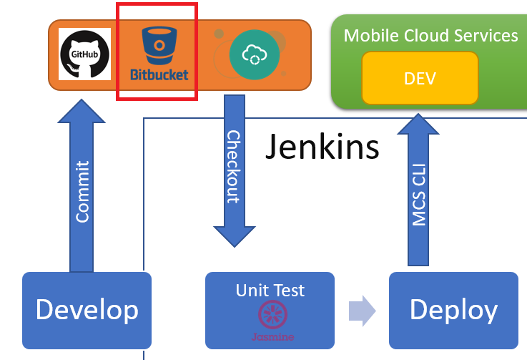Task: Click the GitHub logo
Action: point(84,54)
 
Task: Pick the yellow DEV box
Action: point(419,79)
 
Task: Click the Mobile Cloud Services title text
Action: point(430,35)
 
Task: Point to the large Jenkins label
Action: point(322,147)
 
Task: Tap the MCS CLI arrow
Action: point(419,193)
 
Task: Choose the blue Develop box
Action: point(87,310)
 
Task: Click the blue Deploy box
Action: point(453,310)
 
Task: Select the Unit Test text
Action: point(270,291)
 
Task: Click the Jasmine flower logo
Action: point(271,316)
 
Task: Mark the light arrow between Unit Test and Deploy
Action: point(362,311)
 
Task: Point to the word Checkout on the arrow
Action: point(233,166)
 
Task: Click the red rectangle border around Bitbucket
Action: point(117,50)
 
